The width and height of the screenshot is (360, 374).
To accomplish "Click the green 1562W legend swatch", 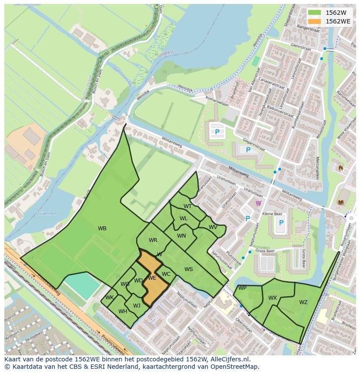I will click(x=314, y=13).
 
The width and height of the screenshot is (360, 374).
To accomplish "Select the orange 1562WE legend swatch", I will click(x=314, y=21).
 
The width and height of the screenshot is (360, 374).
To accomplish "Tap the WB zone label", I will click(x=102, y=228).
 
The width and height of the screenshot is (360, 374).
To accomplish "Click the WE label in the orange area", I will click(x=152, y=278).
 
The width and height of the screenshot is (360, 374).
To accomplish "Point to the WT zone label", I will click(x=187, y=206).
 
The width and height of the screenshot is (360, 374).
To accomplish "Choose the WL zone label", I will click(x=183, y=218).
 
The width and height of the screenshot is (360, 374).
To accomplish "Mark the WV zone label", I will click(x=213, y=227).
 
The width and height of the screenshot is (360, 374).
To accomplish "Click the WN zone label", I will click(x=181, y=236).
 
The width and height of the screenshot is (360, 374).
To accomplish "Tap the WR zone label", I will click(x=153, y=240).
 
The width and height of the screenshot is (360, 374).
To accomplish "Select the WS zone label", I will click(x=188, y=269).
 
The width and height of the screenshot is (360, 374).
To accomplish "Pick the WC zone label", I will click(x=166, y=274).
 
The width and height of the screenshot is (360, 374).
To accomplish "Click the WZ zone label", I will click(x=303, y=302).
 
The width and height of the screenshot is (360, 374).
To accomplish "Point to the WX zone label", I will click(x=273, y=298).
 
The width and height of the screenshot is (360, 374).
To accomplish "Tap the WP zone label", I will click(x=242, y=288).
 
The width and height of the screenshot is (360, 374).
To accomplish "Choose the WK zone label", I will click(x=109, y=298).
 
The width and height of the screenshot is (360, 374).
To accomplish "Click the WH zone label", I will click(x=123, y=311).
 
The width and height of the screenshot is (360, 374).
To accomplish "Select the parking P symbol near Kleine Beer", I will click(x=281, y=223).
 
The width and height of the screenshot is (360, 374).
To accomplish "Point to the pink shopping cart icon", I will click(x=258, y=203).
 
